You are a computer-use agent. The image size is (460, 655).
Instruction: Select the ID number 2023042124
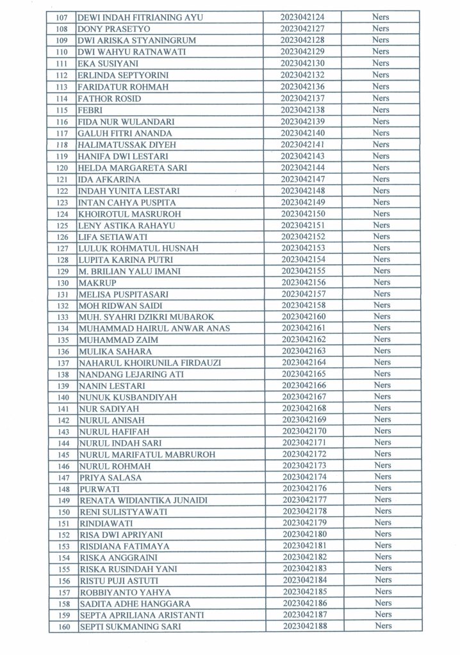tap(302, 17)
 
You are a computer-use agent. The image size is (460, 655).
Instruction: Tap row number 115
tap(62, 110)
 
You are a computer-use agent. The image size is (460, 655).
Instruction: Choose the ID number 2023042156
tap(302, 282)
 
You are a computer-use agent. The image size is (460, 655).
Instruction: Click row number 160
tap(62, 626)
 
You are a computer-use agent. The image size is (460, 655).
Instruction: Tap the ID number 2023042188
tap(302, 626)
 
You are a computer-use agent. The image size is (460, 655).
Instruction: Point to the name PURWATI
tap(95, 489)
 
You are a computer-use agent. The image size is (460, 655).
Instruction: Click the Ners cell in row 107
tap(381, 17)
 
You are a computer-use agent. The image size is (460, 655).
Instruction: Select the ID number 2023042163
tap(302, 351)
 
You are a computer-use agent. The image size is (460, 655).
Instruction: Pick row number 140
tap(62, 397)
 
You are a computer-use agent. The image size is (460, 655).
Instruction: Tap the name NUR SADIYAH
tap(103, 408)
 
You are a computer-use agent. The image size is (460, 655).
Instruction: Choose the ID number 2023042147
tap(302, 178)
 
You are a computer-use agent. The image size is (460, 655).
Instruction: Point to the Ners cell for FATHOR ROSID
tap(381, 99)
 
